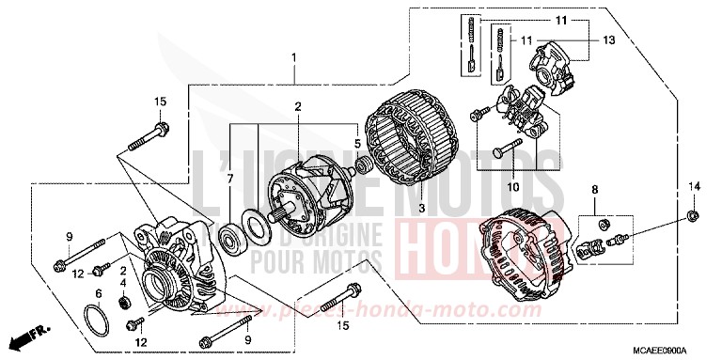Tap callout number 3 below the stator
pos(369,206)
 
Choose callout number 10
pos(513,187)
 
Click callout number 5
pos(356,144)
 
